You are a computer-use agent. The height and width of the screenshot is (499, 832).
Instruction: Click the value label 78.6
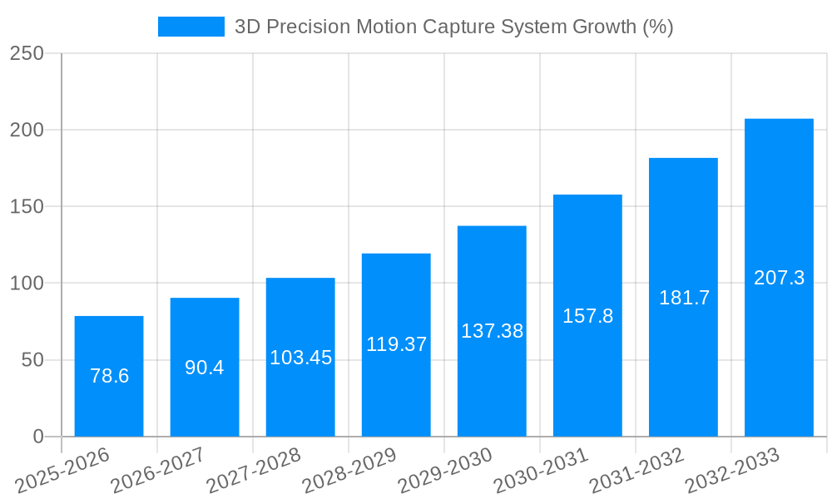click(109, 376)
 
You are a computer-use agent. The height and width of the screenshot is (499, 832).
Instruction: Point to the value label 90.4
click(205, 368)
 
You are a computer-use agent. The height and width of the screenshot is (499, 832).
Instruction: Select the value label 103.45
click(300, 358)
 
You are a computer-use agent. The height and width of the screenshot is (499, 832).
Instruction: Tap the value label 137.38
click(492, 331)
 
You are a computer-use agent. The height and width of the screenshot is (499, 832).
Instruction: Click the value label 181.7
click(684, 298)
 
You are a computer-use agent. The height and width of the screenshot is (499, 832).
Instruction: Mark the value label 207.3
click(779, 278)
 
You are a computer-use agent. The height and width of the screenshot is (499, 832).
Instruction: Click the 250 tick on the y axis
click(27, 53)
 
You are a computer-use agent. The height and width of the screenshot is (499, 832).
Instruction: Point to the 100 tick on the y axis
click(27, 284)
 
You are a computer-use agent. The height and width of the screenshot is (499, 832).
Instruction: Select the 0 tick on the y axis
click(38, 437)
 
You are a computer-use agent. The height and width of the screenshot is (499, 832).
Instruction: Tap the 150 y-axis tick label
click(27, 206)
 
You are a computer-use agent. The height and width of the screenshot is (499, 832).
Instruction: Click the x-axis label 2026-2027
click(158, 470)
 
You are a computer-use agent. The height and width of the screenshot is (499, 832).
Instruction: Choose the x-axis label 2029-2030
click(445, 470)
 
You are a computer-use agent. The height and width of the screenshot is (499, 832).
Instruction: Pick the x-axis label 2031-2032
click(636, 470)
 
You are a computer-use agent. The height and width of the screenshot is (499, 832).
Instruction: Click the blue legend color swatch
click(191, 27)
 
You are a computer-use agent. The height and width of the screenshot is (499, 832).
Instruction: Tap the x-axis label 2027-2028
click(254, 470)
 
